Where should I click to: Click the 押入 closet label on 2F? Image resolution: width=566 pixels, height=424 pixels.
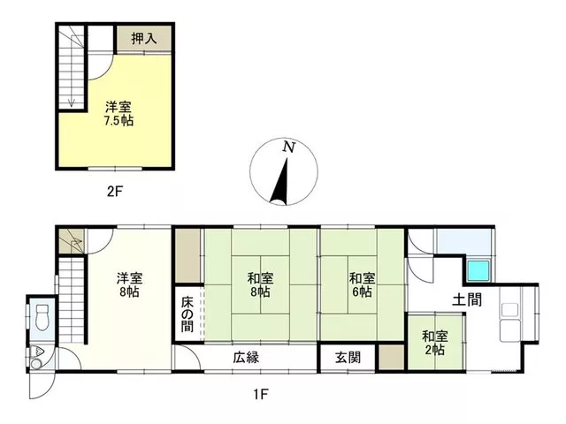coord(144,38)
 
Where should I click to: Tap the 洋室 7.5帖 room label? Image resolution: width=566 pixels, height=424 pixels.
coord(119,114)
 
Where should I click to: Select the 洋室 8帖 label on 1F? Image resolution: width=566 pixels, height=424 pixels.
coord(130,284)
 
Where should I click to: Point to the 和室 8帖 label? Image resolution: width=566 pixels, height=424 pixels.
coord(260,284)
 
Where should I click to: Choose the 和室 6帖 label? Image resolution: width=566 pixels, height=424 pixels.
coord(362,284)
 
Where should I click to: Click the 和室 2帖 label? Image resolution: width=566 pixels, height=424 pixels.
coord(435,344)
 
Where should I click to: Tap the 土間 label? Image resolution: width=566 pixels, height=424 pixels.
coord(467,299)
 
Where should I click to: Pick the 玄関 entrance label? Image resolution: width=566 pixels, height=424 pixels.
coord(348,358)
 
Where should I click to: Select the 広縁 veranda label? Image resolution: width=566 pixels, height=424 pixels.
coord(246,358)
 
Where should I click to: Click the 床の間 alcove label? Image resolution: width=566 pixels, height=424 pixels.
coord(187,314)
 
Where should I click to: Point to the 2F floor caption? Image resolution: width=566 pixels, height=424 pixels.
coord(115,191)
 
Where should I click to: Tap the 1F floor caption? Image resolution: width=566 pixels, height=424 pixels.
coord(260,395)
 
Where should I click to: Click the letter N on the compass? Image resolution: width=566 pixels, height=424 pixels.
coord(289,147)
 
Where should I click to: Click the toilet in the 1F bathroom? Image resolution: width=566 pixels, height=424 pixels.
coord(42,317)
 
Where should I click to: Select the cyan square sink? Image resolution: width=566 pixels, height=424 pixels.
coord(478,271)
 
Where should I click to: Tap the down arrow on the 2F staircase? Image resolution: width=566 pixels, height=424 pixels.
coord(72,102)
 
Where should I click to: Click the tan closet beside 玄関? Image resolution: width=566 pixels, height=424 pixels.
coord(391,357)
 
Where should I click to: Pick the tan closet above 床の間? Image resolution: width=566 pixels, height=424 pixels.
coord(187,256)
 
